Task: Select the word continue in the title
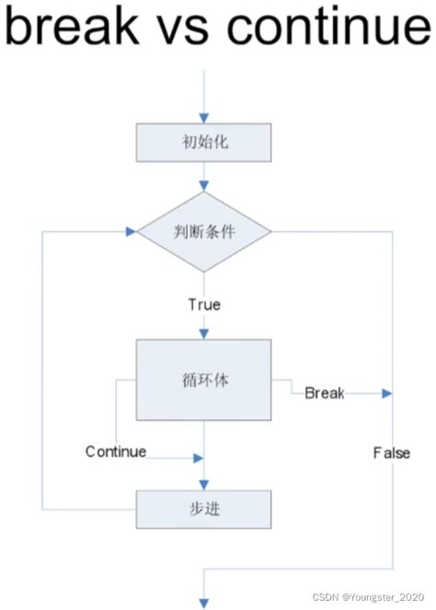point(326,29)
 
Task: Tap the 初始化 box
point(203,143)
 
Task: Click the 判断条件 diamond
point(203,231)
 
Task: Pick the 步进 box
point(203,508)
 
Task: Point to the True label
point(204,304)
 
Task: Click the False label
point(391,452)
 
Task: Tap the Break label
point(324,393)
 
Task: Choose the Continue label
point(116,452)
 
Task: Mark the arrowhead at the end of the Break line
point(387,393)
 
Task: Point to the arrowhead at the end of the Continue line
point(197,457)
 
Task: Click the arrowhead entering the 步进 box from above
point(203,486)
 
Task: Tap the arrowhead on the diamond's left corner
point(132,231)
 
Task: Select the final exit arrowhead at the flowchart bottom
point(203,604)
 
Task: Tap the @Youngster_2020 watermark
point(384,598)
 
